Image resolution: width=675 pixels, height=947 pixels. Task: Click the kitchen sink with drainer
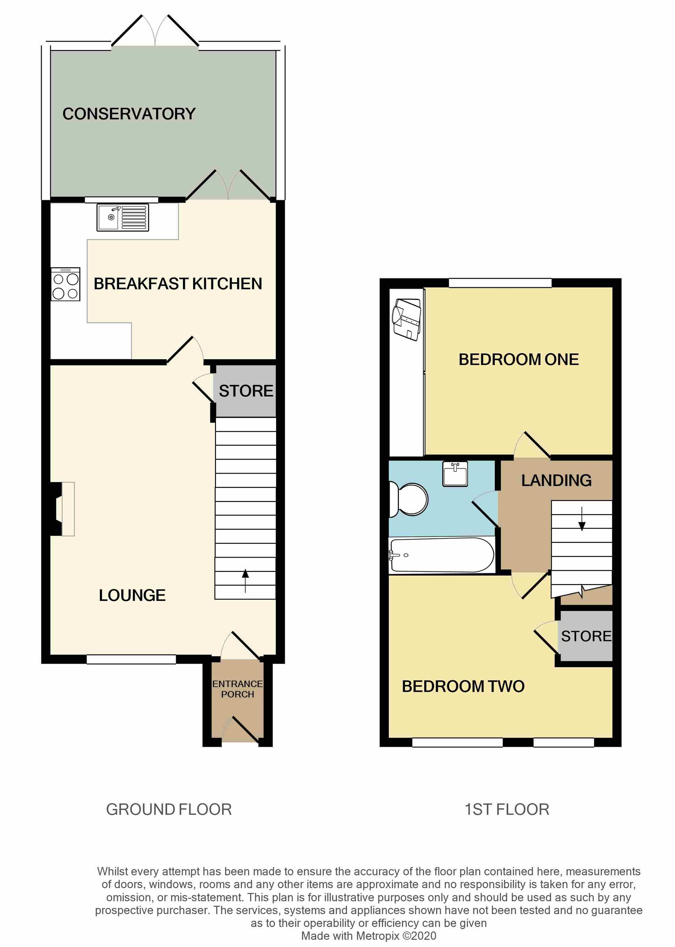(x=123, y=217)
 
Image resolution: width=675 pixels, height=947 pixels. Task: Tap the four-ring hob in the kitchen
(x=65, y=284)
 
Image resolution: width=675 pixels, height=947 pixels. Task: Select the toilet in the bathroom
(x=410, y=499)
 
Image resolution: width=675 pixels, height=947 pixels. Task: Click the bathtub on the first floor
(x=441, y=555)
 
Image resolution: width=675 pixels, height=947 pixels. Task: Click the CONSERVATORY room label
(x=129, y=114)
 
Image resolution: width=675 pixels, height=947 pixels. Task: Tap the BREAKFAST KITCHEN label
(x=178, y=284)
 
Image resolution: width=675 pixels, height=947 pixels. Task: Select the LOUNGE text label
(x=132, y=595)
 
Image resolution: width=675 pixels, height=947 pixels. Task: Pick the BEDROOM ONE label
(x=518, y=360)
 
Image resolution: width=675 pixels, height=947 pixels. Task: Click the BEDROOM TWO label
(x=463, y=686)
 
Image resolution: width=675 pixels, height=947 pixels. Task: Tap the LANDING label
(x=556, y=480)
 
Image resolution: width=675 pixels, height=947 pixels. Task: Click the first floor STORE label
(x=586, y=636)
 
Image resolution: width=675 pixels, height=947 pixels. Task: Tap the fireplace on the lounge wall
(x=62, y=509)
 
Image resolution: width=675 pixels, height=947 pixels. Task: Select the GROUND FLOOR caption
(x=169, y=809)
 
